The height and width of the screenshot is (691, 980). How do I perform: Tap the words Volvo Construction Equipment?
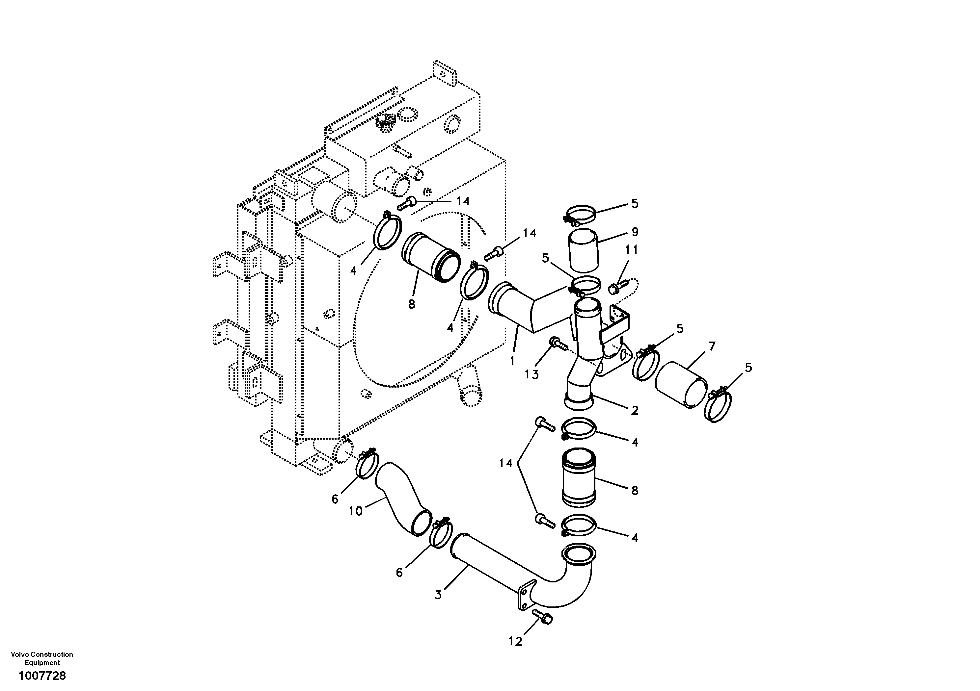(42, 658)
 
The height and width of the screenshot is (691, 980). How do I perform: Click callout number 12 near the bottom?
(515, 642)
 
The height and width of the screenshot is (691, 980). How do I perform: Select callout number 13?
(531, 374)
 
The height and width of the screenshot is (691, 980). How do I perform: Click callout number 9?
(635, 232)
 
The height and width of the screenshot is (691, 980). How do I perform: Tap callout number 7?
(712, 346)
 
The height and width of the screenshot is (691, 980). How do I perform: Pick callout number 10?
(356, 511)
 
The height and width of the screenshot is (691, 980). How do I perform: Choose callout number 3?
(438, 595)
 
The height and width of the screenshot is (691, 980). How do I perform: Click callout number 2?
(635, 410)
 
